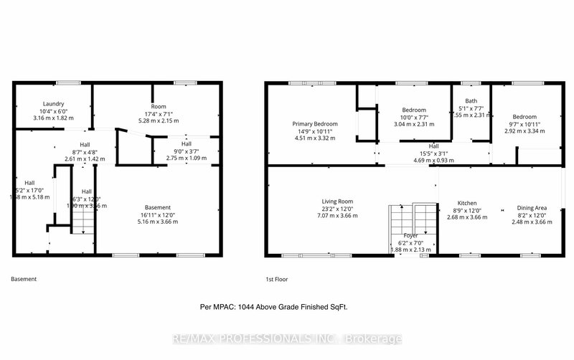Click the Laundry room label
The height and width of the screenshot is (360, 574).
pyautogui.click(x=55, y=103)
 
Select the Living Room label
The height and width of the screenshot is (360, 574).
pyautogui.click(x=337, y=202)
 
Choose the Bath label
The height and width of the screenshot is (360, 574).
pyautogui.click(x=471, y=101)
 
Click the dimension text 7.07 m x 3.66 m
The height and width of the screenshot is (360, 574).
pyautogui.click(x=337, y=215)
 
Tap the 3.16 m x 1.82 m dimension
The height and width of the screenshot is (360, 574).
pyautogui.click(x=55, y=118)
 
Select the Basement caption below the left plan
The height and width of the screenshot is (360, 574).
pyautogui.click(x=24, y=279)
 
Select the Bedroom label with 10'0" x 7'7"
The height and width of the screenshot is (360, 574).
pyautogui.click(x=413, y=109)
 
